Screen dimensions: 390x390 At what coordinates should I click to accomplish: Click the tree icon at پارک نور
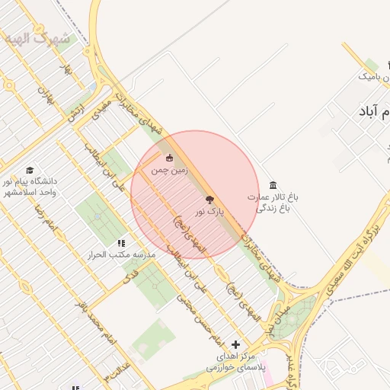pos(210,199)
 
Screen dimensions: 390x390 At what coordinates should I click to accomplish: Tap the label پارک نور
pos(211,212)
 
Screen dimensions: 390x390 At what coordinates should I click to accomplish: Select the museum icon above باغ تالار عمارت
pos(273,186)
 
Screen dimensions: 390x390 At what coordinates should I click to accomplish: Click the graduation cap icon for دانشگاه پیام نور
pos(30,170)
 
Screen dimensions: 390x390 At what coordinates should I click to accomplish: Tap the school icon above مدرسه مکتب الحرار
pos(121,243)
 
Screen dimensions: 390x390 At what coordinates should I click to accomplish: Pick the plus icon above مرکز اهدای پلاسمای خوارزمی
pos(235,345)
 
